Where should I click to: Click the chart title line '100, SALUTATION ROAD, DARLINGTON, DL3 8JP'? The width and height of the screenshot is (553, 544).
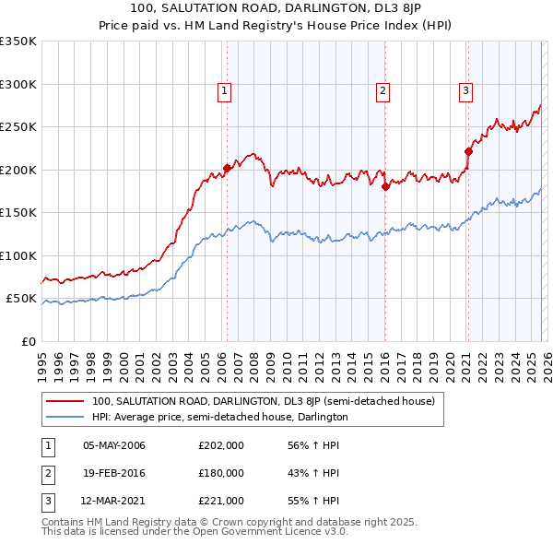(x=276, y=9)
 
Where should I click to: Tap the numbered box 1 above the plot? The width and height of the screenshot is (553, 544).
(x=226, y=90)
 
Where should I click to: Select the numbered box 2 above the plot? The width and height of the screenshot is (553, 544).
(x=382, y=90)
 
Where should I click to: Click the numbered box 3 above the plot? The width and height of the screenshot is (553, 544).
(x=466, y=90)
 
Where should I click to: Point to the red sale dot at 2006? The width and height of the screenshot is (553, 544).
(x=227, y=169)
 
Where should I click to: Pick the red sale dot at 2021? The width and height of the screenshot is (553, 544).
(x=468, y=152)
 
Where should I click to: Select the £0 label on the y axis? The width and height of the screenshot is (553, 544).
(x=28, y=341)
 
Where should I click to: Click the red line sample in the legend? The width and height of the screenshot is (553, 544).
(x=65, y=401)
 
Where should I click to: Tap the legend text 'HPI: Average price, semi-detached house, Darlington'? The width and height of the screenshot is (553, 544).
(x=219, y=417)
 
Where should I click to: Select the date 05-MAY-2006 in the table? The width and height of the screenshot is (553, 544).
(x=114, y=445)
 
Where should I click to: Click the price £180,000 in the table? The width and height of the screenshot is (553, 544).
(x=221, y=473)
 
